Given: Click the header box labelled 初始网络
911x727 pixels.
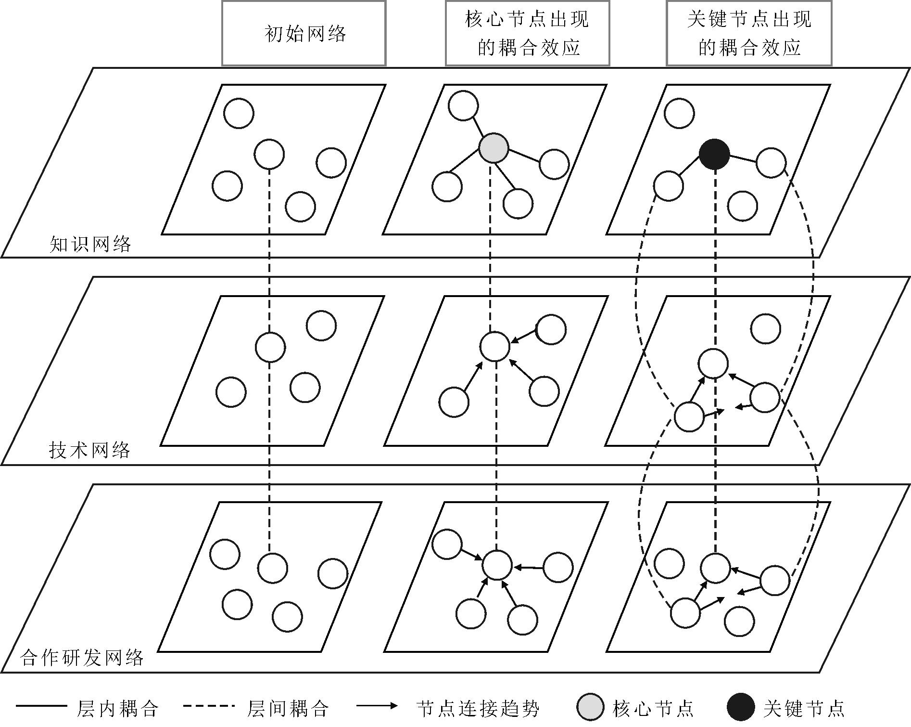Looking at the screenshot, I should (304, 33).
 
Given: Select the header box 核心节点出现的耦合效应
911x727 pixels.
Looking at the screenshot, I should (527, 33).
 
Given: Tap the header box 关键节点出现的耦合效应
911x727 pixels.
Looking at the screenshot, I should (749, 33).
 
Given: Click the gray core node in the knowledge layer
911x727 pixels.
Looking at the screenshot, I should (493, 148).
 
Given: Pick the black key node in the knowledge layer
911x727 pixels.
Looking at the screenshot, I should (714, 155).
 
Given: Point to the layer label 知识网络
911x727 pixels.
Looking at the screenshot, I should (90, 244).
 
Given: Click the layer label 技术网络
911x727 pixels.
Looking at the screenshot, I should (90, 450).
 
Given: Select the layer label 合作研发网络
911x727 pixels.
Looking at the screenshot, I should (82, 657).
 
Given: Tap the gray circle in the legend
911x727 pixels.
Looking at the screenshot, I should (590, 707).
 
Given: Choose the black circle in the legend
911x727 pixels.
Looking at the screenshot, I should (741, 707).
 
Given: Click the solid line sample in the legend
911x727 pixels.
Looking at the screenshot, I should (41, 706).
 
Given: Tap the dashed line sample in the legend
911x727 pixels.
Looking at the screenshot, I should (209, 706).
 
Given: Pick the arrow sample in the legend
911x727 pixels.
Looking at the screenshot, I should (377, 706).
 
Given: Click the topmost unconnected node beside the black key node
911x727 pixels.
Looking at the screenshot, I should (679, 113).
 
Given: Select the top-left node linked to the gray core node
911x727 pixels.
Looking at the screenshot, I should (463, 106).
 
